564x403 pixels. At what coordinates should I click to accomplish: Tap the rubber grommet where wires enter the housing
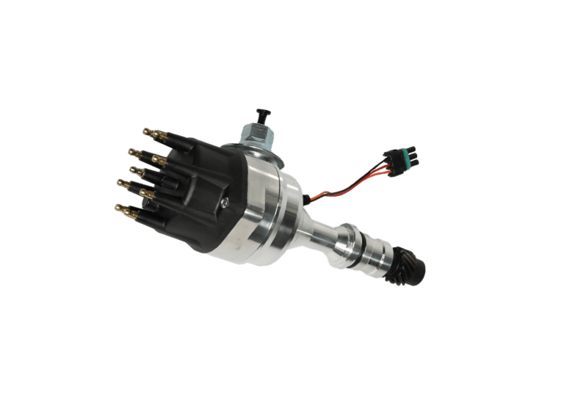click(x=304, y=199)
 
